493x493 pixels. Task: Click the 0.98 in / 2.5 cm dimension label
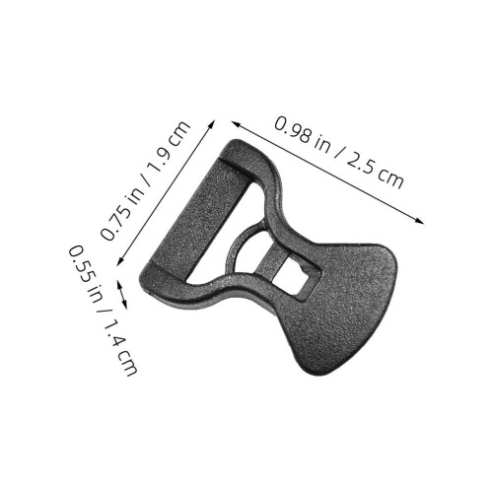(x=339, y=152)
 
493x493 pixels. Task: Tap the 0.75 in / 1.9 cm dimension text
(x=145, y=181)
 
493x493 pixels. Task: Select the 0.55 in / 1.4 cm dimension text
(x=103, y=310)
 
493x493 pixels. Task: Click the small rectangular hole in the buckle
(x=295, y=276)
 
